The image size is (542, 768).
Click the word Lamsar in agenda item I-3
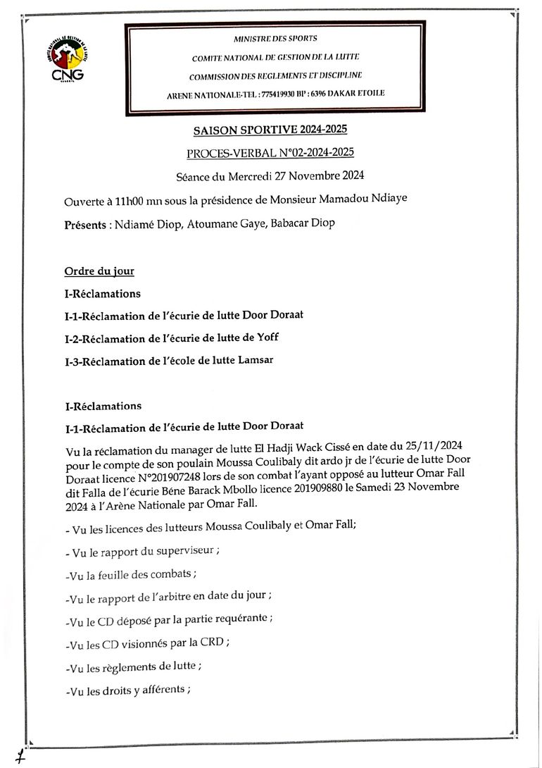(x=256, y=360)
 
